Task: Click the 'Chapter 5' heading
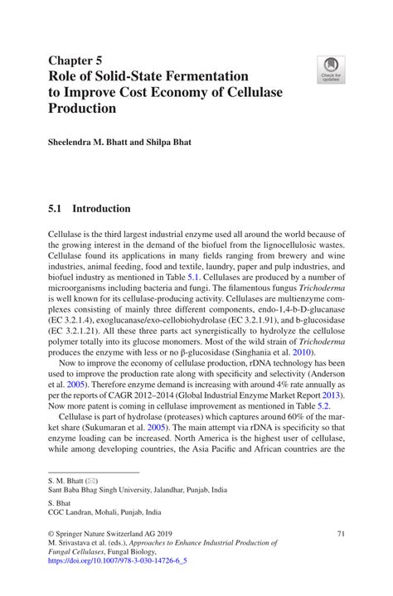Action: (75, 61)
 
